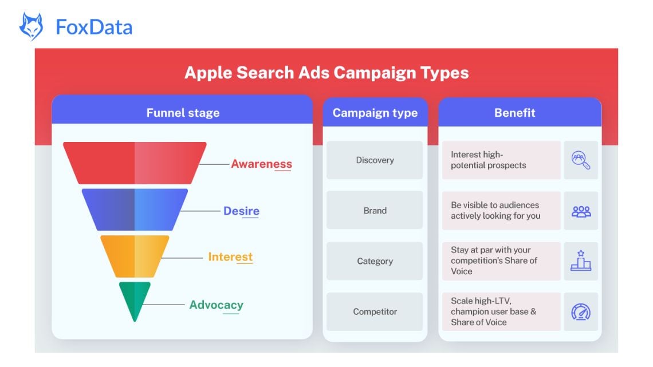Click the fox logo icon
(31, 26)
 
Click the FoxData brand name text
(94, 27)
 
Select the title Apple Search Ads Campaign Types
(326, 73)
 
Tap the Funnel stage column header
(183, 113)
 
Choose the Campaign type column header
(375, 113)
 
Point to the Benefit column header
(514, 113)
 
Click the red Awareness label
(261, 164)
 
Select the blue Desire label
(241, 211)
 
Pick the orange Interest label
(230, 256)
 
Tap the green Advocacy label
(216, 305)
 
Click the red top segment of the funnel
(135, 163)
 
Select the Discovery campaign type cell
(375, 160)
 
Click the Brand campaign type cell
(375, 211)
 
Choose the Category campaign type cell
(375, 261)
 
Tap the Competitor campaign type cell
(375, 311)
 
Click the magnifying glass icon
(581, 160)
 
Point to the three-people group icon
(581, 211)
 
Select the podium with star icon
(581, 261)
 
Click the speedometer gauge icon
(581, 312)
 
